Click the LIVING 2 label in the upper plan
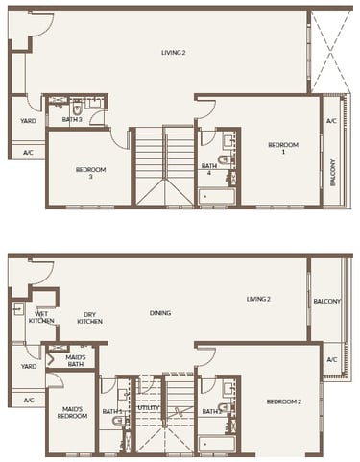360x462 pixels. click(175, 52)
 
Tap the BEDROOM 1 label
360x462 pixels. click(283, 148)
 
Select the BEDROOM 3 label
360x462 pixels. click(90, 173)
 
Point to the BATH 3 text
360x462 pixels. click(71, 119)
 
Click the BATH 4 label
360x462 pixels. click(208, 168)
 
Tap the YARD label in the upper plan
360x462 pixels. click(28, 120)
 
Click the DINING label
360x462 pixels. click(160, 313)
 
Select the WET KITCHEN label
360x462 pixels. click(43, 317)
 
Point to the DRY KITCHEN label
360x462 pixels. click(90, 317)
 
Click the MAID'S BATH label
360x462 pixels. click(77, 362)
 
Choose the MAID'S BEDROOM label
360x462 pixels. click(73, 414)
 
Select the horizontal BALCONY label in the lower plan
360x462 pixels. click(326, 301)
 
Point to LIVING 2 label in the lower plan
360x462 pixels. click(258, 299)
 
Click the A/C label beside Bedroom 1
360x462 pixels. click(331, 121)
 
